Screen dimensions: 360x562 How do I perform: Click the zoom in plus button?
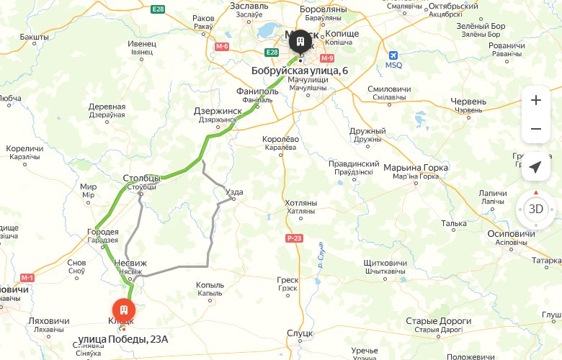click(535, 100)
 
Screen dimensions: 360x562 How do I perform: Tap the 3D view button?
click(535, 210)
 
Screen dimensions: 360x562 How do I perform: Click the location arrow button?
click(535, 167)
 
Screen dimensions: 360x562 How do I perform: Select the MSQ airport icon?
click(393, 55)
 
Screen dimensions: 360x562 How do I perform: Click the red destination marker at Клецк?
click(123, 308)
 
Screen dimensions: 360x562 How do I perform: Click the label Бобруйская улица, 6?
click(300, 71)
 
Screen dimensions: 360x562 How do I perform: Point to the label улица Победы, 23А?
click(127, 338)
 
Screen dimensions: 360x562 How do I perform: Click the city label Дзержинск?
click(218, 111)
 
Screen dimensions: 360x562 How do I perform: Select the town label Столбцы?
click(142, 178)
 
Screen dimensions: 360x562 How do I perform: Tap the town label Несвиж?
click(129, 264)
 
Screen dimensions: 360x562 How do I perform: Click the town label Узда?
click(234, 192)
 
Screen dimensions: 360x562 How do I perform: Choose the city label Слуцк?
click(299, 333)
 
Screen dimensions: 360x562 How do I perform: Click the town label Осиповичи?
click(511, 234)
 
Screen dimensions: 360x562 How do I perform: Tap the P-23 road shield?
click(293, 238)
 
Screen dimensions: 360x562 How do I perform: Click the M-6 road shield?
click(222, 47)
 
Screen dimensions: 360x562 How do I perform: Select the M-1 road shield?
click(28, 277)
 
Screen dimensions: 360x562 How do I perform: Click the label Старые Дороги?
click(438, 320)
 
